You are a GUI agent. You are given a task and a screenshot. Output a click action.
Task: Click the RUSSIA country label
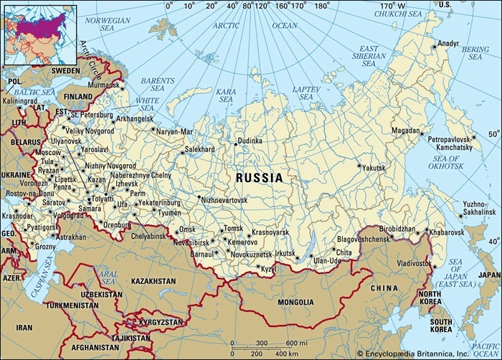click(259, 177)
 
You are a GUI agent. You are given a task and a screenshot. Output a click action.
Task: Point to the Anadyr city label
click(448, 43)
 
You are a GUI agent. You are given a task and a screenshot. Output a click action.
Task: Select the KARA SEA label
click(226, 96)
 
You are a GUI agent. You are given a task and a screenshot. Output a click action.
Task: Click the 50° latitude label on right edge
click(493, 134)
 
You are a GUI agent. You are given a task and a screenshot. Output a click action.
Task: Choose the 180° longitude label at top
click(321, 6)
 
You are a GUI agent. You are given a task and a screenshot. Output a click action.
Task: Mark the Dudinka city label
click(250, 141)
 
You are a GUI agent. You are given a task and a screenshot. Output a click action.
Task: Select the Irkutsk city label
click(285, 254)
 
